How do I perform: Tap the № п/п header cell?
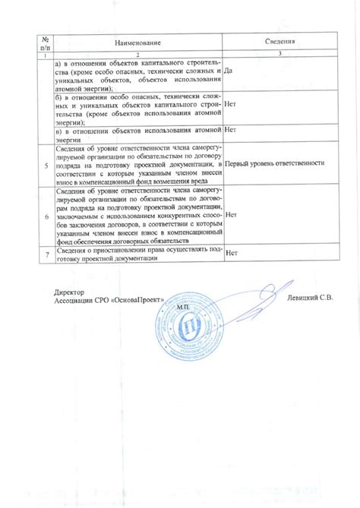46,43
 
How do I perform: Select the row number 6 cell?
47,216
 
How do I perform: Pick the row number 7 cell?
47,254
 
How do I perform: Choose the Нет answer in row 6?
232,216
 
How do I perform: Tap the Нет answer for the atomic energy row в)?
232,131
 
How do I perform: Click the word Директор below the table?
69,292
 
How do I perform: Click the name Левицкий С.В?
310,298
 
